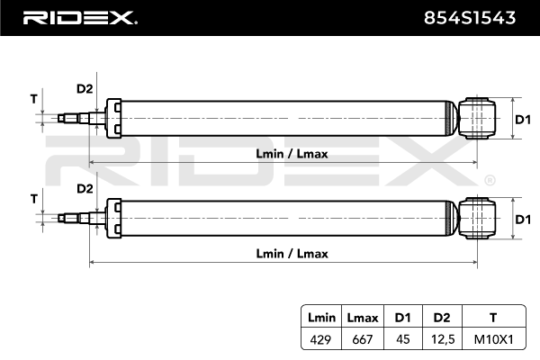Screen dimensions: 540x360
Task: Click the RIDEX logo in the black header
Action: [80, 18]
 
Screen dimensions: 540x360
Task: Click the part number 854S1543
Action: [470, 18]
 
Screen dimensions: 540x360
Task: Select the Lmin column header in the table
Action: [321, 318]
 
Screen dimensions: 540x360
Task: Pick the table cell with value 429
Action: [320, 339]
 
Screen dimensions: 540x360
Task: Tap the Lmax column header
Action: [363, 318]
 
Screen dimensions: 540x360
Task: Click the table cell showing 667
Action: [363, 339]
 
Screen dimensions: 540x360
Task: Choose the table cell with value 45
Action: [403, 339]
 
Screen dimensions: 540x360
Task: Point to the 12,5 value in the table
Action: [443, 339]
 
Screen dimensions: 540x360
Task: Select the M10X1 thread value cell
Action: [494, 339]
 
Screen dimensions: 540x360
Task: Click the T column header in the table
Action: [493, 318]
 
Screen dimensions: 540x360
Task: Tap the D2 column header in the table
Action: [442, 318]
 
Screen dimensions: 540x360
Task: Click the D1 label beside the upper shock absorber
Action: [523, 120]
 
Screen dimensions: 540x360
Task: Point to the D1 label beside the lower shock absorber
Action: [523, 220]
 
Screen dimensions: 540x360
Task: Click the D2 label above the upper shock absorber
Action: [85, 89]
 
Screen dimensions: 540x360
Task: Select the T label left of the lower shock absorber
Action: [34, 199]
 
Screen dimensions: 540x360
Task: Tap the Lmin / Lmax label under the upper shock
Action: [292, 154]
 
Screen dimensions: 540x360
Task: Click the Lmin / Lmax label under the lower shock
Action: [292, 254]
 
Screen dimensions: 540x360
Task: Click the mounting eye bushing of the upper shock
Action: [477, 118]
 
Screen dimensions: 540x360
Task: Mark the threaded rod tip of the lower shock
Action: [61, 219]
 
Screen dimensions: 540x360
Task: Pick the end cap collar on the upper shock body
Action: [113, 119]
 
